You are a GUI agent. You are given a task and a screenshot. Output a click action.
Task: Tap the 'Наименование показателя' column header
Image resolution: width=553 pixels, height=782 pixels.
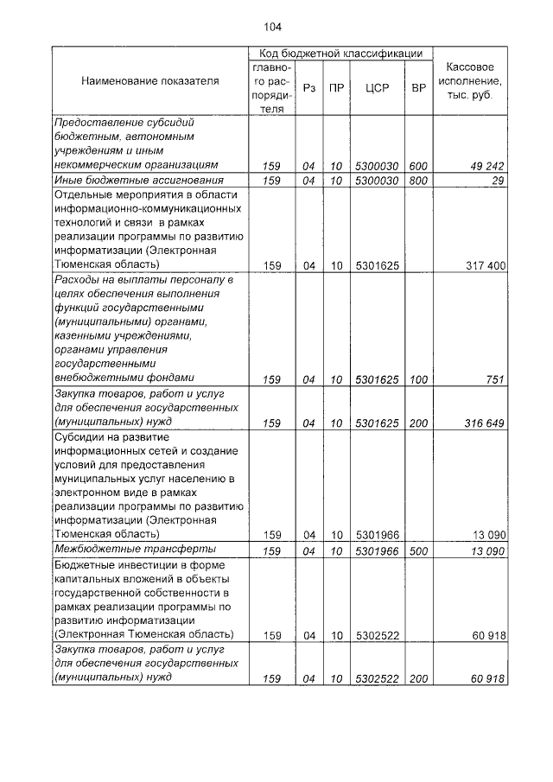pyautogui.click(x=150, y=81)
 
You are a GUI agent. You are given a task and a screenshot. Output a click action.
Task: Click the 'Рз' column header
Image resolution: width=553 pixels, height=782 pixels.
pyautogui.click(x=309, y=87)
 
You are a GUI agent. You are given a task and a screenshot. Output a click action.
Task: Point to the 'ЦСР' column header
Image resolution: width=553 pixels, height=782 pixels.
pyautogui.click(x=375, y=87)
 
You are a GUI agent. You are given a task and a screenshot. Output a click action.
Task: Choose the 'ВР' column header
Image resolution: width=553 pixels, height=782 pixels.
pyautogui.click(x=419, y=87)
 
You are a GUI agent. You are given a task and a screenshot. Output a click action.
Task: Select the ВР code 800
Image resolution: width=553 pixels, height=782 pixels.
pyautogui.click(x=419, y=181)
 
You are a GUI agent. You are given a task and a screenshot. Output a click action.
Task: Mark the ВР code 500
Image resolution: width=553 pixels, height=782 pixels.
pyautogui.click(x=419, y=550)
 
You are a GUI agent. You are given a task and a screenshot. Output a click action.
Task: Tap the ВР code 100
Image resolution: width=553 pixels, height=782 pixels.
pyautogui.click(x=419, y=378)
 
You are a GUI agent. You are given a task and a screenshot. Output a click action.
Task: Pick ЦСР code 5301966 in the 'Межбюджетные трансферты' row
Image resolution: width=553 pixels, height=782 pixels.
pyautogui.click(x=375, y=550)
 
